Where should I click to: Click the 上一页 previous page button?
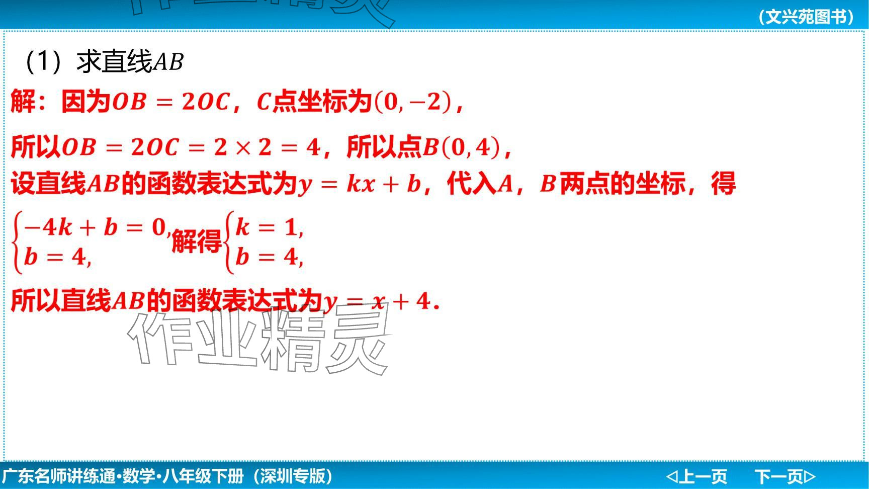[697, 476]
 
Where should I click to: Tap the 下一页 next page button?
[785, 476]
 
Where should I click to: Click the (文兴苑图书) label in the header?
[806, 17]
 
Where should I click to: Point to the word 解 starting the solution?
[23, 101]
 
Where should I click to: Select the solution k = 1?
[268, 227]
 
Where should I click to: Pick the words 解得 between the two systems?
[197, 241]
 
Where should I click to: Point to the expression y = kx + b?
[360, 184]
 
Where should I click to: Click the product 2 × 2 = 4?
[267, 147]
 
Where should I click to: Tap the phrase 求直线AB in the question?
[130, 62]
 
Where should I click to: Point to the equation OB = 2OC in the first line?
[171, 102]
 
